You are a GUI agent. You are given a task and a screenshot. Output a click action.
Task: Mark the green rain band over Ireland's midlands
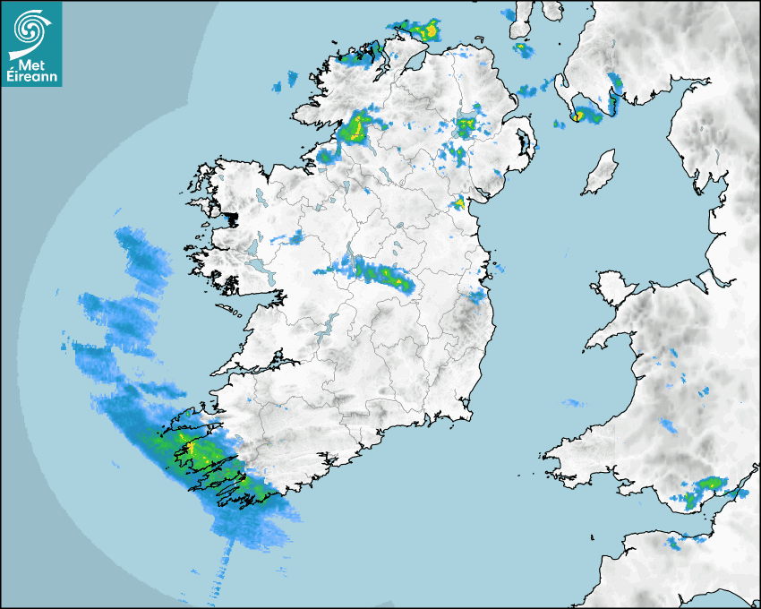click(x=380, y=272)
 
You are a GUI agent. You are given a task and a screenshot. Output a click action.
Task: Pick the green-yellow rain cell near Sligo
click(x=358, y=127)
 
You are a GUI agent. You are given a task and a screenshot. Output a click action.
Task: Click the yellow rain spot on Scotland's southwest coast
click(x=578, y=116)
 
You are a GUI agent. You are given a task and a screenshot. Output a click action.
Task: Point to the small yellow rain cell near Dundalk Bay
click(x=459, y=204)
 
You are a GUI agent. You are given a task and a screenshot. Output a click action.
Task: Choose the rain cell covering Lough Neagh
click(x=466, y=126)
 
